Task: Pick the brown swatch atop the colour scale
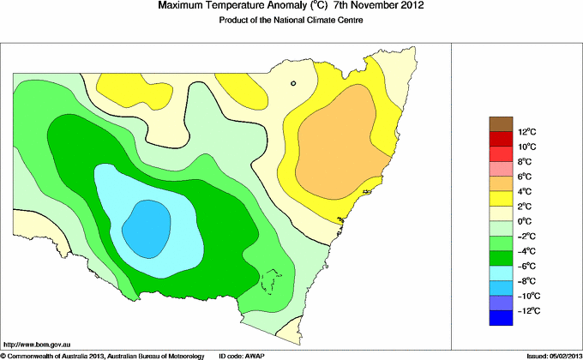pos(502,123)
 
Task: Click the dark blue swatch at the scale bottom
pos(502,318)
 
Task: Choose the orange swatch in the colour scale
pos(502,183)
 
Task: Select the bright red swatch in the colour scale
pos(502,153)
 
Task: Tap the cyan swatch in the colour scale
pos(502,273)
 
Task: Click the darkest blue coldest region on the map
pos(149,227)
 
